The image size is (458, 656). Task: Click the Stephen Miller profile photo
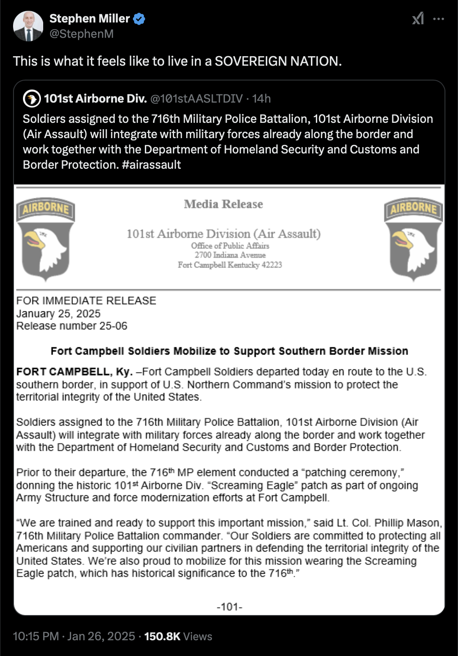(28, 26)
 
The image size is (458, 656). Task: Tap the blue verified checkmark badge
(139, 19)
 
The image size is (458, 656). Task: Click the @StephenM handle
(81, 34)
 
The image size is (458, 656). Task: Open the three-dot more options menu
(438, 19)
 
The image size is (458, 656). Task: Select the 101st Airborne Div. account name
(95, 99)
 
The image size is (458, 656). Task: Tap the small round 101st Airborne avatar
(31, 99)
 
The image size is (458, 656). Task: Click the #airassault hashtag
(151, 165)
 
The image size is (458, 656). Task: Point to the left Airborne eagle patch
(45, 239)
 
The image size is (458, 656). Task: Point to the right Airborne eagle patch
(413, 239)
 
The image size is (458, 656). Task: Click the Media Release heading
(223, 204)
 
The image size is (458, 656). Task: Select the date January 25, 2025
(58, 314)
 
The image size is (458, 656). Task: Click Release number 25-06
(72, 326)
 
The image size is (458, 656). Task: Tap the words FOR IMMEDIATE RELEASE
(86, 301)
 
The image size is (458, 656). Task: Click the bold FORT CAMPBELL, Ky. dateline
(74, 372)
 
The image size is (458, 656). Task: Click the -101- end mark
(229, 607)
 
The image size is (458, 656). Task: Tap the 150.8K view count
(162, 636)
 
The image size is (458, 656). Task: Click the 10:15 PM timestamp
(36, 636)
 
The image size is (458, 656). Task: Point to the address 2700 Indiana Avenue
(230, 255)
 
